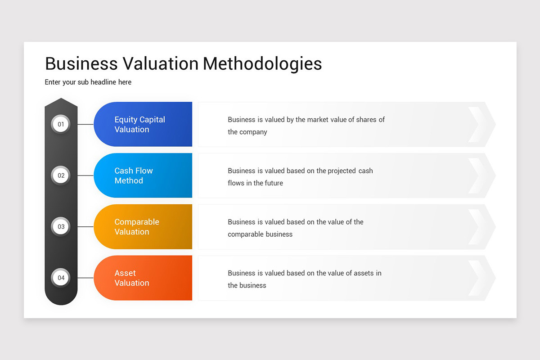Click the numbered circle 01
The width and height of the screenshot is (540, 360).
pos(61,124)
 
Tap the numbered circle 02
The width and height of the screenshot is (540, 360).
pos(61,175)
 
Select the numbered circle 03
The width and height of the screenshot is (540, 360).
pos(61,227)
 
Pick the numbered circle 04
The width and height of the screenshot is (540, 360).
pos(61,278)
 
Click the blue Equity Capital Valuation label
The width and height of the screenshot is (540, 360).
pos(139,125)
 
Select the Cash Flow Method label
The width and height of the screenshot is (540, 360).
pos(134,175)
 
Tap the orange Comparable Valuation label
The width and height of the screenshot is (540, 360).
pos(137,227)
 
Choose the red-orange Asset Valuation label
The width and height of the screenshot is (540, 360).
pos(131,278)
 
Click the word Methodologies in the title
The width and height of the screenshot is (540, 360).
pos(262,64)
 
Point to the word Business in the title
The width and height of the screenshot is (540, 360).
pos(81,64)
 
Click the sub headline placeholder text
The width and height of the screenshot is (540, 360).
pos(88,82)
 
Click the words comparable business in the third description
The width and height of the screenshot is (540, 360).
pos(260,234)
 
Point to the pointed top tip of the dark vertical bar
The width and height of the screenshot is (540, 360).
pos(61,99)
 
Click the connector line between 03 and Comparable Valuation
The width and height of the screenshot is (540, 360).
pos(85,227)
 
